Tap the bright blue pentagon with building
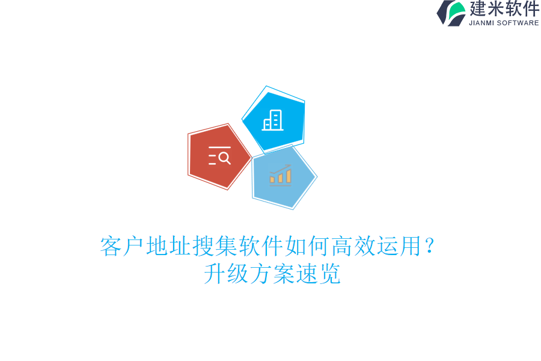coord(274,119)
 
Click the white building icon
coord(273,120)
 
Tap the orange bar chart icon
coord(280,175)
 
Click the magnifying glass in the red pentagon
coord(224,158)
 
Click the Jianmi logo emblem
coord(451,13)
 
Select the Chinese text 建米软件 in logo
coord(504,9)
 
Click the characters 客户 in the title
coord(123,247)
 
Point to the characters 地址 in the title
coord(168,247)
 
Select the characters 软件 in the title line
coord(260,247)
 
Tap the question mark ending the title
coord(429,247)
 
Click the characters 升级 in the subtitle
coord(226,274)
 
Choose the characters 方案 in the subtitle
coord(272,274)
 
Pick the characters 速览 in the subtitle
coord(318,274)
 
